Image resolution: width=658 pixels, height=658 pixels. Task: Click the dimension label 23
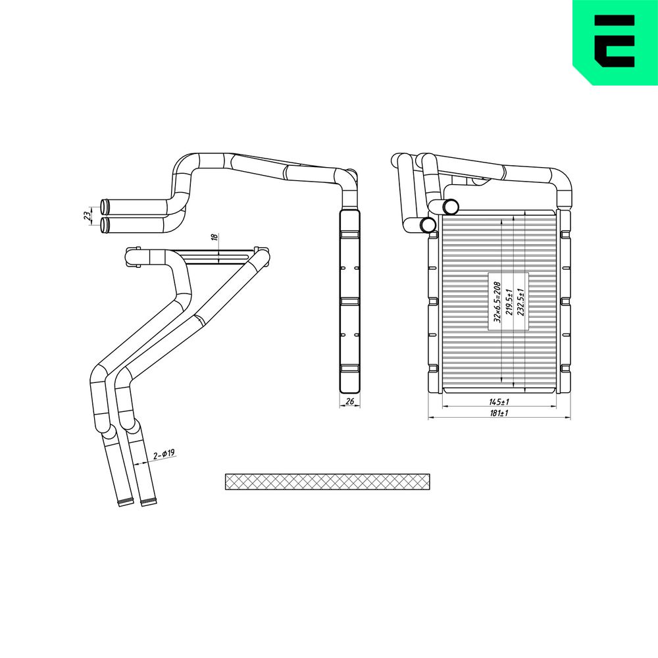click(87, 216)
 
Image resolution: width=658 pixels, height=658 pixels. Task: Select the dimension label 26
click(349, 401)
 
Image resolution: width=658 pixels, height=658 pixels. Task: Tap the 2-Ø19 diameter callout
click(163, 454)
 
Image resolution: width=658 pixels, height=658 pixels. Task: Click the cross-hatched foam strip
click(328, 482)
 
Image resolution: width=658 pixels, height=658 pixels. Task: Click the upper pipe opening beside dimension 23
click(105, 206)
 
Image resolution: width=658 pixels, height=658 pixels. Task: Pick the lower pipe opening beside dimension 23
click(105, 225)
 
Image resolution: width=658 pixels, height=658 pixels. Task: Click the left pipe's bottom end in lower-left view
click(124, 503)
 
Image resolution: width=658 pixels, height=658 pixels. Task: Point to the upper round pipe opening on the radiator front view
click(451, 207)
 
